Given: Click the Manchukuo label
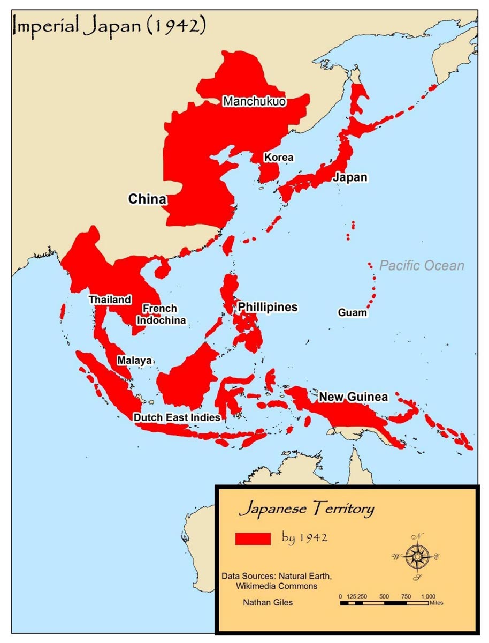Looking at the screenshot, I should click(255, 101).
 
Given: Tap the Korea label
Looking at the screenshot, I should click(278, 157).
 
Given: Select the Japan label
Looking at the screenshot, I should click(350, 177).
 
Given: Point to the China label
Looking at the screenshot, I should click(147, 199).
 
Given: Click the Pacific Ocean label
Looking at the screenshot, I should click(422, 265).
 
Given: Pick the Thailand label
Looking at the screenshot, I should click(110, 300).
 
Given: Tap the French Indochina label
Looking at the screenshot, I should click(162, 315).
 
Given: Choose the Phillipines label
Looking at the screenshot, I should click(268, 307).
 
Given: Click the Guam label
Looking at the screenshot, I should click(353, 312).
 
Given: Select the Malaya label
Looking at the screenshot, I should click(134, 361).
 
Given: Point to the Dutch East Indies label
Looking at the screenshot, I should click(177, 417).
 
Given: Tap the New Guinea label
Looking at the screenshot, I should click(353, 397).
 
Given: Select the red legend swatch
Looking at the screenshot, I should click(253, 539).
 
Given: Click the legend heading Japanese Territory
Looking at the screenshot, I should click(307, 509).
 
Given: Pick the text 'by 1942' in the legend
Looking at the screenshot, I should click(304, 537).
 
